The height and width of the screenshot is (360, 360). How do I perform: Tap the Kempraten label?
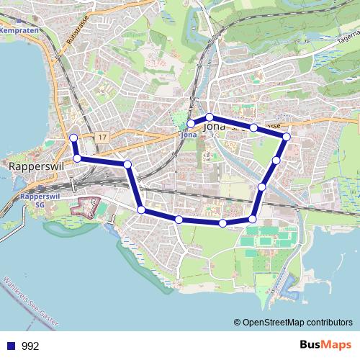(x=19, y=31)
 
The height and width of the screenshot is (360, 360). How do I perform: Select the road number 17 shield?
(x=103, y=137)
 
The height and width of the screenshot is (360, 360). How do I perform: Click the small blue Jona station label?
(x=189, y=134)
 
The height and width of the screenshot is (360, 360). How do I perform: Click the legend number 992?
(x=30, y=346)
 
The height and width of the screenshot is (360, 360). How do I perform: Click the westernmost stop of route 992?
(x=72, y=138)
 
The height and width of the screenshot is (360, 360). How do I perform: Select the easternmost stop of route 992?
(x=286, y=136)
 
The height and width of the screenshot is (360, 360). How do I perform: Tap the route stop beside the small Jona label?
(x=190, y=123)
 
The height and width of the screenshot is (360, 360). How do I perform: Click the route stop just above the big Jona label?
(x=209, y=117)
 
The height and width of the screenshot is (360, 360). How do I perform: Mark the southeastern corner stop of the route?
(x=253, y=219)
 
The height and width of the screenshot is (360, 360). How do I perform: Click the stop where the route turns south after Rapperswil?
(x=127, y=165)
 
